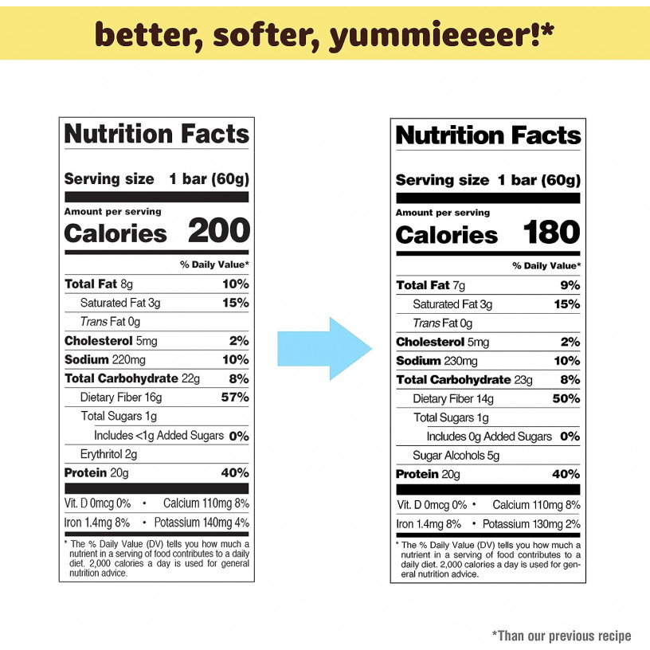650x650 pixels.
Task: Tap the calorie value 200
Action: [218, 232]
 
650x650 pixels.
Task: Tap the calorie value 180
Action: [551, 233]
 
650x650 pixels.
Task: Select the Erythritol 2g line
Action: [109, 454]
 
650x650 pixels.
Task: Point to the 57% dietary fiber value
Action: [235, 397]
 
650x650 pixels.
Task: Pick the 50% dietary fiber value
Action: [567, 398]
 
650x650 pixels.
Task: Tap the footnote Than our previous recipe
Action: [562, 636]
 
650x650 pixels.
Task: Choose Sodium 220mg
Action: [110, 359]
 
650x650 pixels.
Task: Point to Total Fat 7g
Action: [430, 285]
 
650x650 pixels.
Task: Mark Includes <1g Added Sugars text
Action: [159, 436]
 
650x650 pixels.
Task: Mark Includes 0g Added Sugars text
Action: [489, 437]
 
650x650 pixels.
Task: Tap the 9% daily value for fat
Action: [570, 285]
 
